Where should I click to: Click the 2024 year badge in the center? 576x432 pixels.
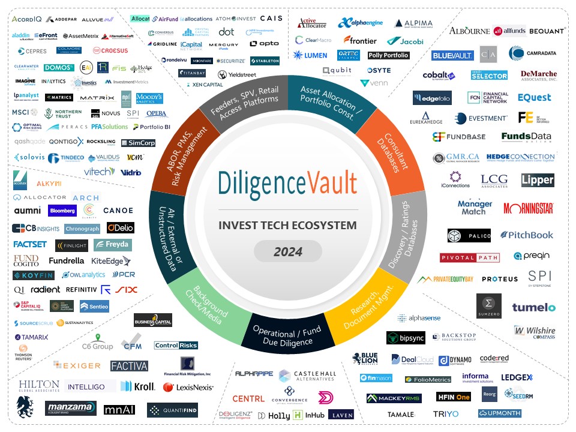click(x=288, y=251)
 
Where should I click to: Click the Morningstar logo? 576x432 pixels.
click(x=528, y=208)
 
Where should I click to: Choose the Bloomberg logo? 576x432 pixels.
click(x=62, y=211)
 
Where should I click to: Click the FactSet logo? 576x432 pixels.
click(x=30, y=245)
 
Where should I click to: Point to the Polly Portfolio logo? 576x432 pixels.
click(x=388, y=55)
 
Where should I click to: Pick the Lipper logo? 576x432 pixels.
click(x=537, y=180)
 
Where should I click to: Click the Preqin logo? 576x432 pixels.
click(x=532, y=256)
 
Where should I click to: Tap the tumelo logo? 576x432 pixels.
click(x=533, y=307)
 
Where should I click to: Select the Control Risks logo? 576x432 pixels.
click(x=176, y=345)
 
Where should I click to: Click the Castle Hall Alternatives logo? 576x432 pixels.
click(x=307, y=376)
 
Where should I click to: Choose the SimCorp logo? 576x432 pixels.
click(x=139, y=143)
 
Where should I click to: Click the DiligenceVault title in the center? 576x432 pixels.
click(x=287, y=184)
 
